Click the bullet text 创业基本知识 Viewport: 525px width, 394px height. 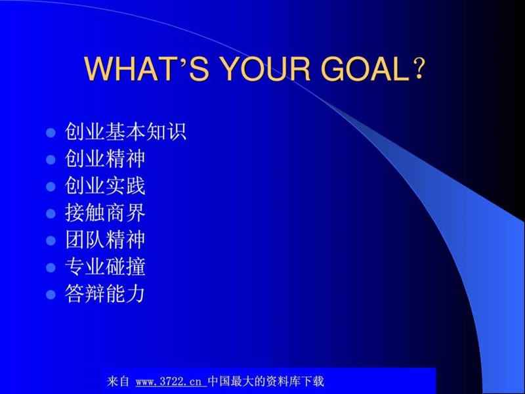pyautogui.click(x=125, y=132)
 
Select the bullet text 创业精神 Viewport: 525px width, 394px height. pyautogui.click(x=104, y=159)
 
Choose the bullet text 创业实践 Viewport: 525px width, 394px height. pyautogui.click(x=104, y=186)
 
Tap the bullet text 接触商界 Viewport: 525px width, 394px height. pyautogui.click(x=104, y=213)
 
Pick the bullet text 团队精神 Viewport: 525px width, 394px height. pyautogui.click(x=104, y=240)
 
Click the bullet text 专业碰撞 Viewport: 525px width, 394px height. pyautogui.click(x=104, y=267)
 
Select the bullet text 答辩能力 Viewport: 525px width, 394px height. pyautogui.click(x=104, y=294)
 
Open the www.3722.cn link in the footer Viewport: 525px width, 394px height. pyautogui.click(x=171, y=381)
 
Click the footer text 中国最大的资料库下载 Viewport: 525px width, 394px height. pyautogui.click(x=266, y=381)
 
